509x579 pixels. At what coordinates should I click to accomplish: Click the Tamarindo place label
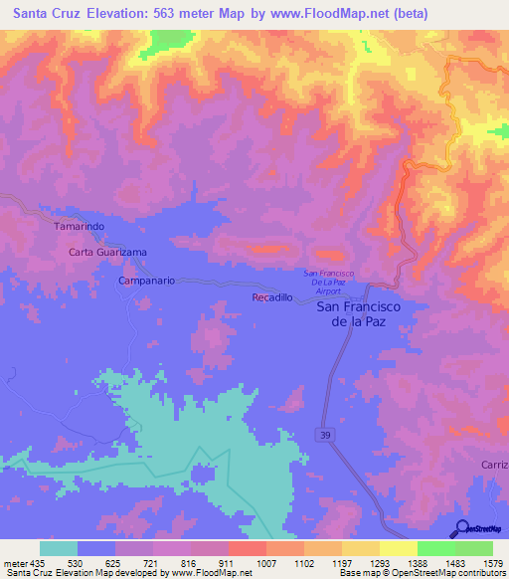point(79,227)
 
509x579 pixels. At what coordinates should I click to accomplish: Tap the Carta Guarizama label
point(107,253)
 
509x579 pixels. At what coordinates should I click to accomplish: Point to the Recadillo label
point(272,298)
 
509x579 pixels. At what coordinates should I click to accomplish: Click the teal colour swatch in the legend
point(58,548)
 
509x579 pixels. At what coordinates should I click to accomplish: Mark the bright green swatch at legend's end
point(474,548)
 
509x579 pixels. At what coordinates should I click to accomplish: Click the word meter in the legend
point(13,563)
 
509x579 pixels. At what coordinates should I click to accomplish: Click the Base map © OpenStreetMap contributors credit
point(421,573)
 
